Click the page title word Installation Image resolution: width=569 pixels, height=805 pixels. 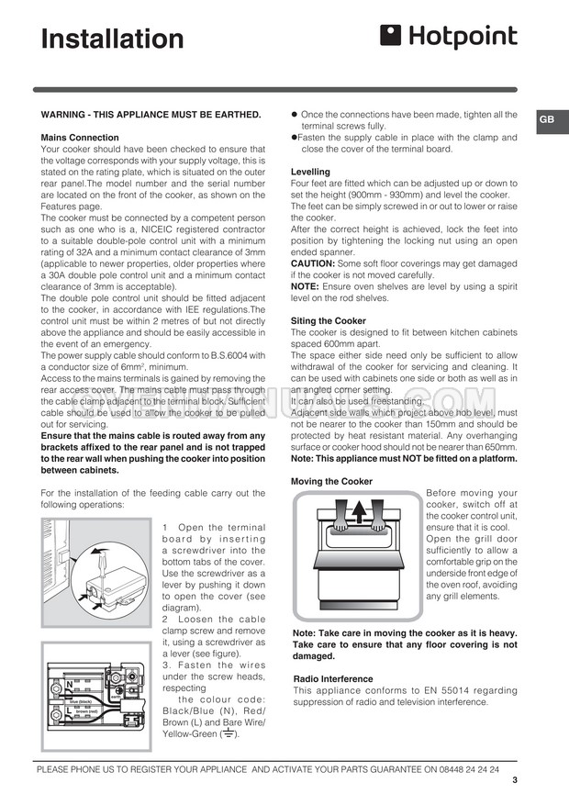click(113, 39)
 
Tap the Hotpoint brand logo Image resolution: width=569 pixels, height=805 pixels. click(449, 37)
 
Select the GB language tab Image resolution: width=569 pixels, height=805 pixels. click(546, 120)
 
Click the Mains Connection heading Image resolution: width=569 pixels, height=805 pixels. click(81, 137)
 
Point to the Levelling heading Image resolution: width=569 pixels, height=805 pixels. click(310, 172)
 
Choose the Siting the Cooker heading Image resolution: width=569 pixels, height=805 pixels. click(329, 320)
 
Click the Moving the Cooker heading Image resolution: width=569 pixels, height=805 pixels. click(331, 481)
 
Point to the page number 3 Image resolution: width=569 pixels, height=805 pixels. click(515, 781)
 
